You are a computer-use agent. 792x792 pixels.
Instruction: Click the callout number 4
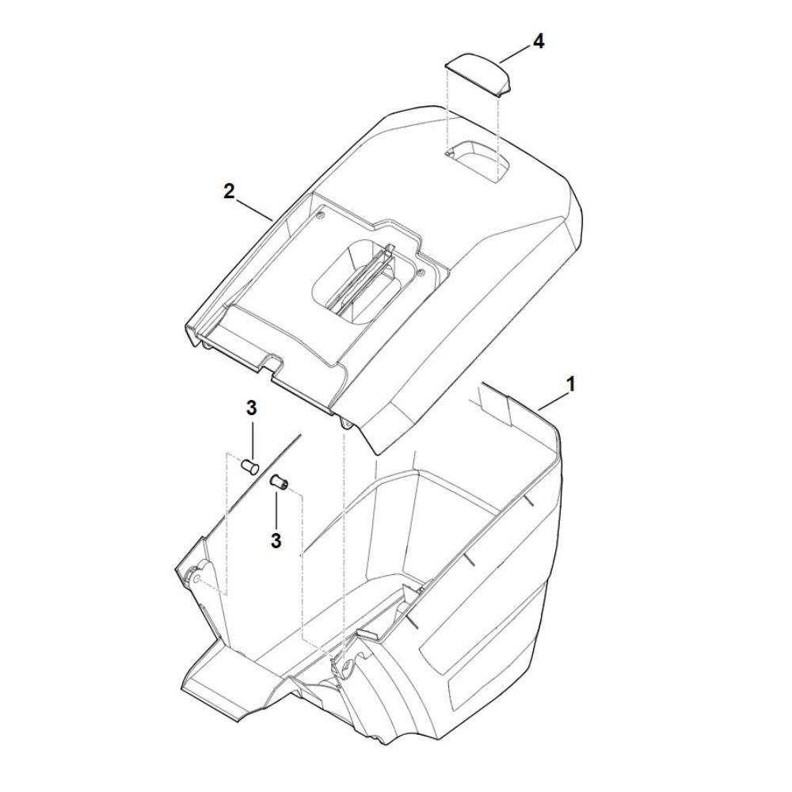[x=539, y=42]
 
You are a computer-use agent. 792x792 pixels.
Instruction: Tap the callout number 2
[x=230, y=192]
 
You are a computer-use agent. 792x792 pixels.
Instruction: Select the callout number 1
[x=570, y=384]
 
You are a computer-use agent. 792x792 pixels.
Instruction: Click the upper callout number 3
[x=252, y=408]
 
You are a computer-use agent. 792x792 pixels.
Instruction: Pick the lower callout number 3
[x=276, y=540]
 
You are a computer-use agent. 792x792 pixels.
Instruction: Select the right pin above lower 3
[x=280, y=481]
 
